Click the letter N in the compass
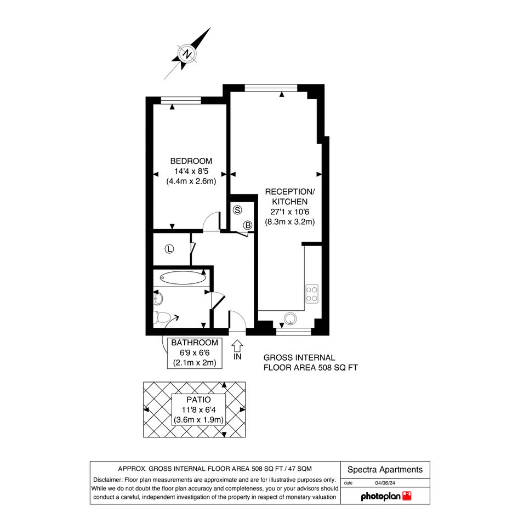[187, 54]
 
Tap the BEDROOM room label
[191, 161]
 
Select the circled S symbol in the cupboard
[237, 210]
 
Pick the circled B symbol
[248, 225]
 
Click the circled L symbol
[169, 249]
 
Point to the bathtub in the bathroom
[183, 278]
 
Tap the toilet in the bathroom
[162, 317]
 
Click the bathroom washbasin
[158, 299]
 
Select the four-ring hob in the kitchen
[312, 294]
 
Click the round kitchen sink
[291, 318]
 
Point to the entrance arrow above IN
[237, 346]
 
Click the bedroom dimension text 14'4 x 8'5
[191, 171]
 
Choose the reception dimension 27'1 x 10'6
[290, 212]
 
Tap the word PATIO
[198, 400]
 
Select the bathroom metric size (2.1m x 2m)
[195, 363]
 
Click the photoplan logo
[386, 496]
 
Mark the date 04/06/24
[385, 483]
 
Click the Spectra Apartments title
[385, 469]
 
